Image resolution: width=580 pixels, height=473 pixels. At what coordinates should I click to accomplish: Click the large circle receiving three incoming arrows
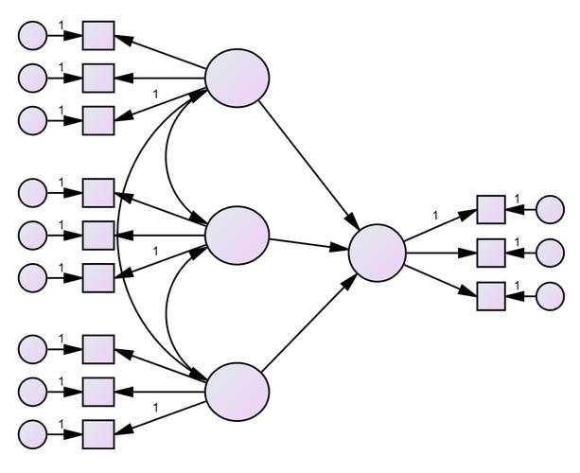pyautogui.click(x=377, y=253)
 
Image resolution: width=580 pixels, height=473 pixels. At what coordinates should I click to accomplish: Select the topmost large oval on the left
pyautogui.click(x=237, y=76)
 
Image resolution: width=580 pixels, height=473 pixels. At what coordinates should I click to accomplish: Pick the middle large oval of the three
pyautogui.click(x=237, y=236)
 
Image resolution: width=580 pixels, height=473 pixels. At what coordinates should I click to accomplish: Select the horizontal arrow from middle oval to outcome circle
pyautogui.click(x=308, y=244)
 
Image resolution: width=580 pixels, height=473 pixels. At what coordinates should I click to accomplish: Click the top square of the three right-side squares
pyautogui.click(x=490, y=209)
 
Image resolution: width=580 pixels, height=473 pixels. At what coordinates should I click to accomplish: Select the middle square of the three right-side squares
pyautogui.click(x=490, y=254)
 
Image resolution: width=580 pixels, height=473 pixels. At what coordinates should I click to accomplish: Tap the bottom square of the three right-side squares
pyautogui.click(x=490, y=297)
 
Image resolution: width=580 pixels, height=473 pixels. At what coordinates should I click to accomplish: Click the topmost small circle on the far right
pyautogui.click(x=550, y=209)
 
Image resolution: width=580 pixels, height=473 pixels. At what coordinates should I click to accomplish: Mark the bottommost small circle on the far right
pyautogui.click(x=550, y=297)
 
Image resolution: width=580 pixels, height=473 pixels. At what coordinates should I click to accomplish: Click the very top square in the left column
pyautogui.click(x=97, y=36)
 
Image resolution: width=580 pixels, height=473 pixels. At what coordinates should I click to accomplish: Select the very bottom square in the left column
pyautogui.click(x=97, y=434)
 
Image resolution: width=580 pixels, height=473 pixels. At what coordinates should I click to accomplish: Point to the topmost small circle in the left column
pyautogui.click(x=33, y=36)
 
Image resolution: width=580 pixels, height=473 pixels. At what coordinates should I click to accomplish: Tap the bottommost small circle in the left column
pyautogui.click(x=33, y=434)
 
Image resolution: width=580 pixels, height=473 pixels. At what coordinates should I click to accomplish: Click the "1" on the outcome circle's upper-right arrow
pyautogui.click(x=435, y=216)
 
